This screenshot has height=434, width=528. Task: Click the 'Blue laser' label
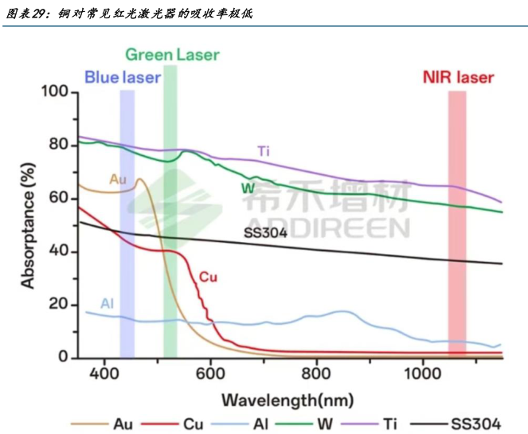pos(123,78)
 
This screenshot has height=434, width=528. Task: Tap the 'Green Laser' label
pos(171,56)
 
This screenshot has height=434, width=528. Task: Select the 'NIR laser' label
pos(457,78)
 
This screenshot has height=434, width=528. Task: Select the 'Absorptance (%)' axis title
pos(28,225)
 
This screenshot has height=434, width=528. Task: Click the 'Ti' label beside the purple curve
pos(263,151)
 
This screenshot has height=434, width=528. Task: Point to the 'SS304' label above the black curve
pos(265,233)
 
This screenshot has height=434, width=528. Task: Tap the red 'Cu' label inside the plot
pos(207,277)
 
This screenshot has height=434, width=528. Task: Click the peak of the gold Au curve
pos(139,179)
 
